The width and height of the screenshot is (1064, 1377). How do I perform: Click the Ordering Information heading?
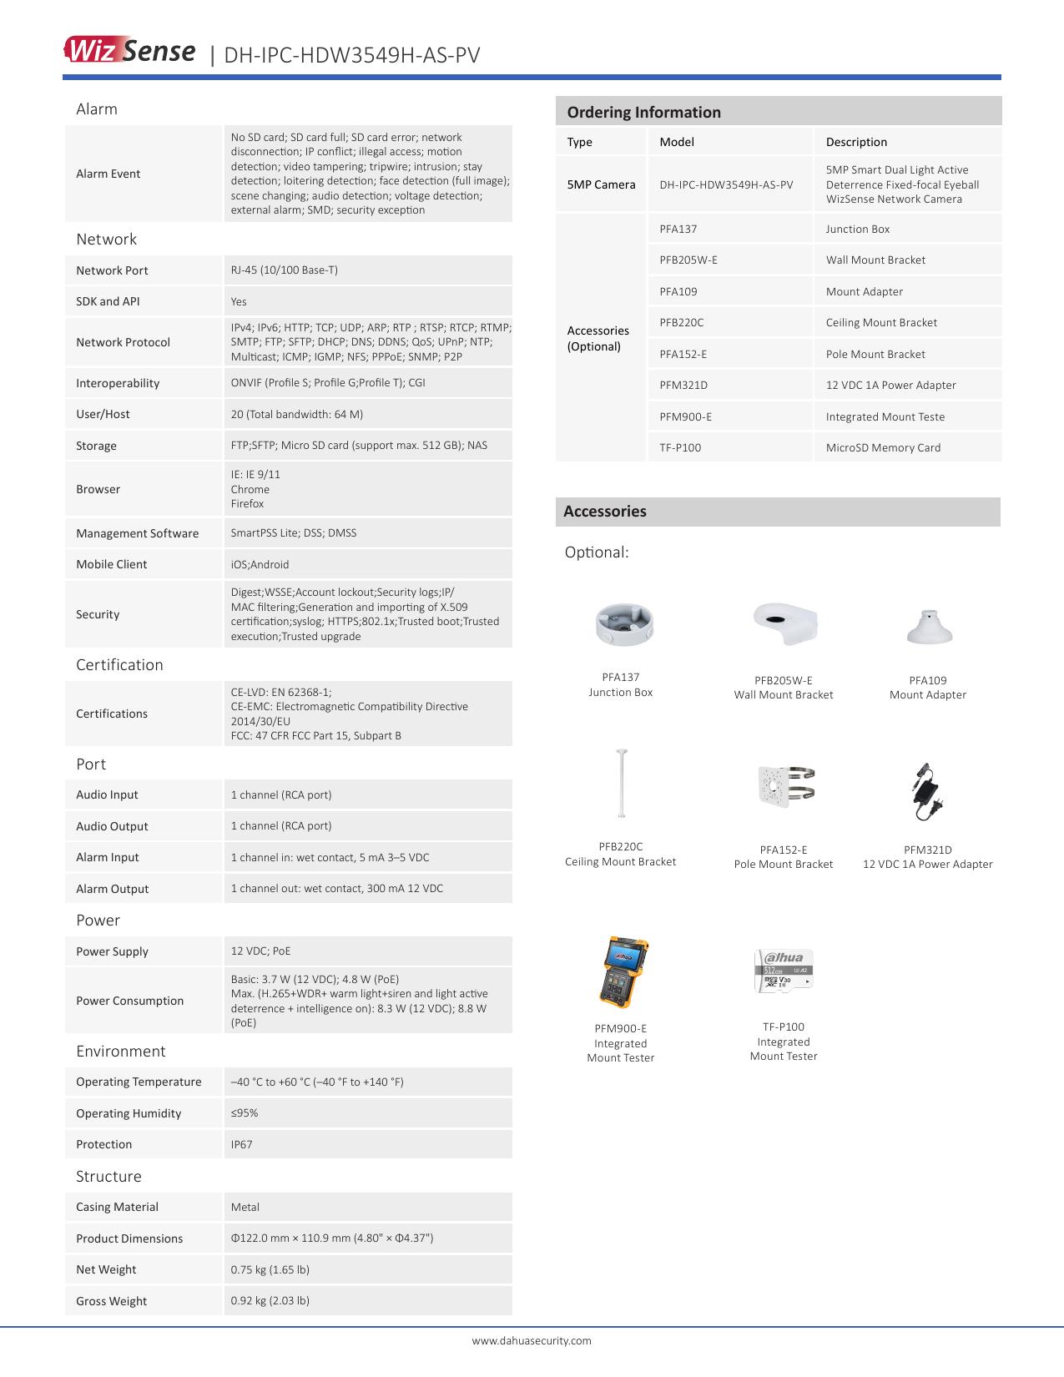[643, 112]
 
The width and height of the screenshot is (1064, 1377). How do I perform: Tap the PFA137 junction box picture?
[623, 624]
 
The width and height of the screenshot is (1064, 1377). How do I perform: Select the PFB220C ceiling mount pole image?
[621, 784]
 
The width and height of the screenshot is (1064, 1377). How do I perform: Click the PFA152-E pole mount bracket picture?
[785, 785]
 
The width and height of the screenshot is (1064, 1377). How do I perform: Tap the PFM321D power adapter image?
[925, 791]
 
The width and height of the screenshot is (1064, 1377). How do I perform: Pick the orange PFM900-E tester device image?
[624, 972]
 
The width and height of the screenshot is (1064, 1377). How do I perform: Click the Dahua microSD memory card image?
[784, 971]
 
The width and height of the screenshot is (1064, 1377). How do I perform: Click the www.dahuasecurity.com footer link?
[532, 1340]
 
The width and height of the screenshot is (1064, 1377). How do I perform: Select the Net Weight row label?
[106, 1269]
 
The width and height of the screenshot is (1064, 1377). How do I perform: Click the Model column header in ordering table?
[677, 142]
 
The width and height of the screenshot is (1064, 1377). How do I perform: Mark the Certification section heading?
[119, 664]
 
